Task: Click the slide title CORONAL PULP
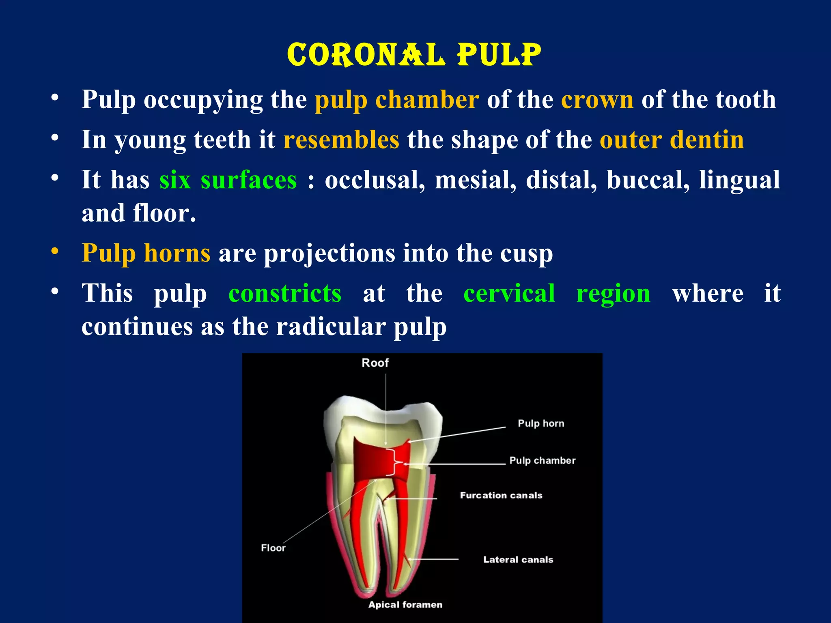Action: (x=414, y=55)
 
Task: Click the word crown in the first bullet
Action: (x=597, y=99)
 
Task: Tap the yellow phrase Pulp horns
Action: (x=146, y=253)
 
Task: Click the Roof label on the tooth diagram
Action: (x=375, y=363)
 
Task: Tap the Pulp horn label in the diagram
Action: (x=541, y=423)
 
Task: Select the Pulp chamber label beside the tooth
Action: (x=543, y=460)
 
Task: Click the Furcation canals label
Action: (x=501, y=495)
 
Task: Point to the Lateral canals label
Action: (x=518, y=560)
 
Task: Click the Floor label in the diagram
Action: (x=273, y=548)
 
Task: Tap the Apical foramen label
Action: (x=405, y=605)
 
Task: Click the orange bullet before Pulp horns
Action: (x=55, y=251)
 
